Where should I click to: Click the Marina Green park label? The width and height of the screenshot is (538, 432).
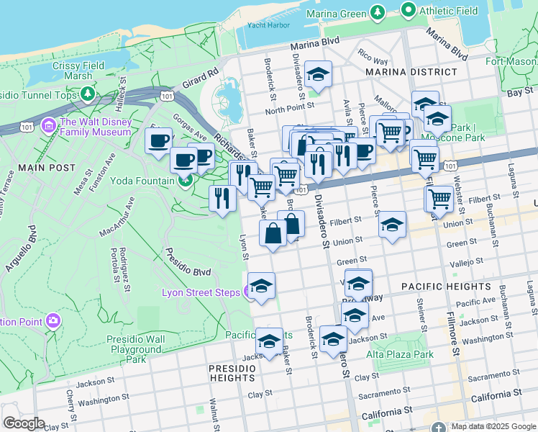[336, 14]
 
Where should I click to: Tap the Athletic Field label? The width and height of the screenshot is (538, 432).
[449, 10]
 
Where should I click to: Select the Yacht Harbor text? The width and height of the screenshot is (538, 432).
[268, 25]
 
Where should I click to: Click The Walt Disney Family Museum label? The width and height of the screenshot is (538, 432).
[95, 127]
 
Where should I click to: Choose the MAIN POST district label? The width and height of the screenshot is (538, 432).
[47, 168]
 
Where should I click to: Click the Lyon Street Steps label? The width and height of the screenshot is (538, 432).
[201, 292]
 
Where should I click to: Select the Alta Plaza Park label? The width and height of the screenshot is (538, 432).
[400, 354]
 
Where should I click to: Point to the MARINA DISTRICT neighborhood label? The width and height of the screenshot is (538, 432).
[411, 72]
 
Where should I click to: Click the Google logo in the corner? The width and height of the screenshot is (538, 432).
[24, 423]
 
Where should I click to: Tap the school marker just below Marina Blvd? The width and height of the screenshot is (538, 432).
[318, 73]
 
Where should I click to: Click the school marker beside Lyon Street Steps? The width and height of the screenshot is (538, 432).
[262, 285]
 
